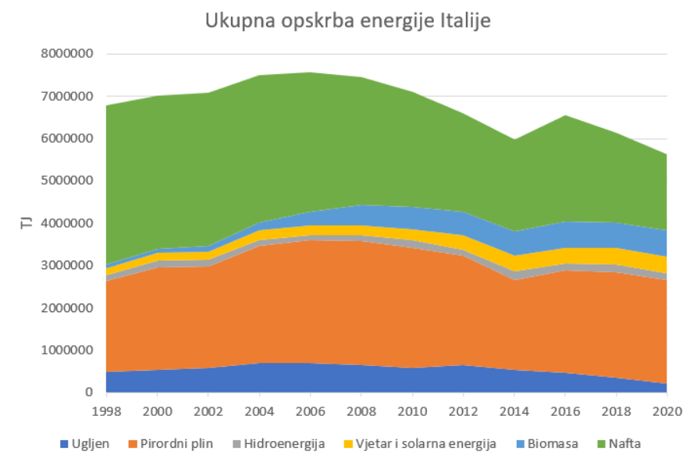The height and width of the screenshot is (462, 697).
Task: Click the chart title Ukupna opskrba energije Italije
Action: tap(347, 21)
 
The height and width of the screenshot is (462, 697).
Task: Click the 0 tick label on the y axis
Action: tap(89, 393)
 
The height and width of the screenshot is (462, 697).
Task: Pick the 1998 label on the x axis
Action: tap(105, 410)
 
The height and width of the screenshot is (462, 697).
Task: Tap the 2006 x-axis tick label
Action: tap(310, 410)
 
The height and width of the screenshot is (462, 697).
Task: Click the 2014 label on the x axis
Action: tap(514, 410)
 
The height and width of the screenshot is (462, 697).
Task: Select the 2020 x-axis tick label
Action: tap(666, 410)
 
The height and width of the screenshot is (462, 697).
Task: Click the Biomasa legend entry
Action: tap(552, 444)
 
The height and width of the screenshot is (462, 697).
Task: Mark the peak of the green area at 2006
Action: tap(310, 73)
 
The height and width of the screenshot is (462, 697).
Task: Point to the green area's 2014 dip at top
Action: tap(514, 140)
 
